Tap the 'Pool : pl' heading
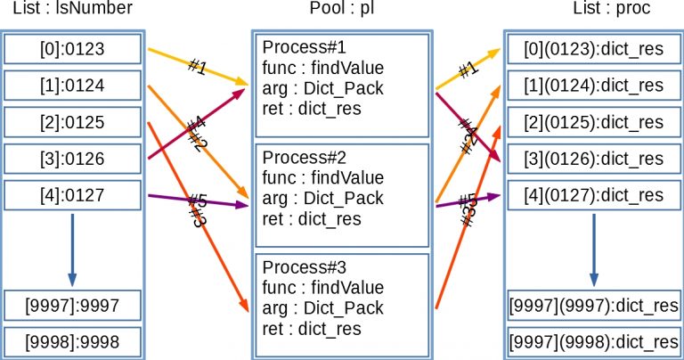341,11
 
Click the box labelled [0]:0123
72,49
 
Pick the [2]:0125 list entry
72,122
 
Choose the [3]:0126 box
72,159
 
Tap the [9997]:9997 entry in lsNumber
72,305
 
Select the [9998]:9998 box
72,341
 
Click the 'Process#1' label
298,47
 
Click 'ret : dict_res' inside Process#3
312,329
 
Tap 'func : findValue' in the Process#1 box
323,68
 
